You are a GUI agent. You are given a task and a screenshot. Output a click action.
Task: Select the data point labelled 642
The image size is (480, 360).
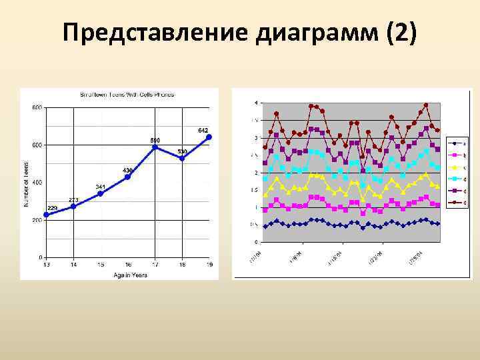click(209, 137)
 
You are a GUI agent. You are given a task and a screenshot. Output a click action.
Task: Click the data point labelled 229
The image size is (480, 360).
click(46, 215)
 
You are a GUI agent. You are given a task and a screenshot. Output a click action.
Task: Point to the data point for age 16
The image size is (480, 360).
click(127, 177)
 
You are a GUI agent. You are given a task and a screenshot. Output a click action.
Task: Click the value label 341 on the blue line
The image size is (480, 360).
click(100, 187)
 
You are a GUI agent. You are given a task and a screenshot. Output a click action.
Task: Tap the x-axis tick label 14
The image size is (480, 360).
click(73, 265)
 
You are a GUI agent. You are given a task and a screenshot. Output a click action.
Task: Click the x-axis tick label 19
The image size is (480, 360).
click(209, 265)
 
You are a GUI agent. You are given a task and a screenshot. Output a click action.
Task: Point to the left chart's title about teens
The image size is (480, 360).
click(127, 95)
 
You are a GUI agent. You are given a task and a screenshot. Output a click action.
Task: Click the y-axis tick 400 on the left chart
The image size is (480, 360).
click(37, 182)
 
